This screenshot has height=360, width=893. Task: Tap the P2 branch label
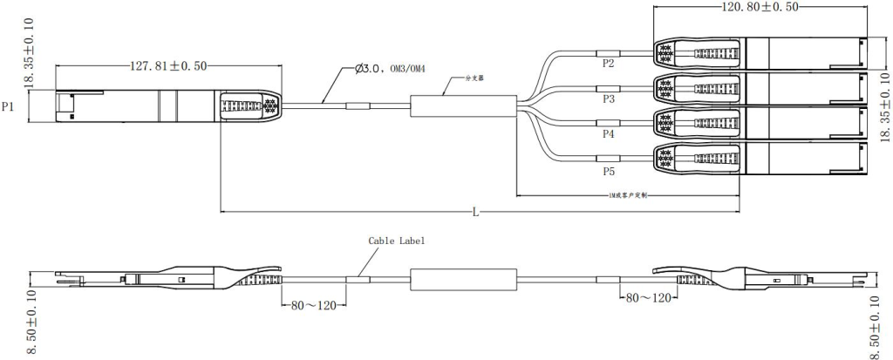608,64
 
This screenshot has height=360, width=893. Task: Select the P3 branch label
608,99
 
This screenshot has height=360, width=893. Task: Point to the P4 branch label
608,134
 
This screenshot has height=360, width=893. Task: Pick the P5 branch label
608,171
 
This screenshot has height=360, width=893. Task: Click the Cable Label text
397,240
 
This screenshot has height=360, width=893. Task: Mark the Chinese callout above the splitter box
474,78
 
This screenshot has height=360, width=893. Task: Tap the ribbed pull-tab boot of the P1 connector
249,106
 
